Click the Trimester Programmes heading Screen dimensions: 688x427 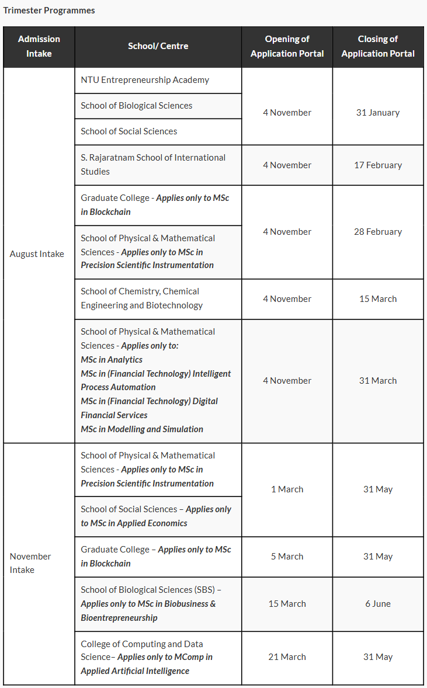point(49,11)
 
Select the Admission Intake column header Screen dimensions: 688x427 point(39,46)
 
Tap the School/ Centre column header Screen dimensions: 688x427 point(158,46)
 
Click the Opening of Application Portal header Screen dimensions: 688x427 point(287,46)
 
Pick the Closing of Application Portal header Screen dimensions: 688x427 point(378,46)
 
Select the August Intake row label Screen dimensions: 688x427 point(37,254)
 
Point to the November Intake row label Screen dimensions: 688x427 point(30,563)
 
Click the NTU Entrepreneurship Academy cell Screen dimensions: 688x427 point(145,80)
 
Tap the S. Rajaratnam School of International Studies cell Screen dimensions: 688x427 point(153,165)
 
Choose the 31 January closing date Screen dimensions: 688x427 point(378,113)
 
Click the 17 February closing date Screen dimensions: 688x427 point(378,165)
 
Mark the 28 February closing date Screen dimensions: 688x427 point(378,232)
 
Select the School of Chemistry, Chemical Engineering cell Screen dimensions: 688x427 point(142,298)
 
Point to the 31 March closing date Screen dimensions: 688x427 point(378,381)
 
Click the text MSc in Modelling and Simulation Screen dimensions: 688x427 point(142,429)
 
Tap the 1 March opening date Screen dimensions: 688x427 point(287,489)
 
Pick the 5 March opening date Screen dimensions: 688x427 point(287,557)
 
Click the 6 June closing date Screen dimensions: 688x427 point(378,604)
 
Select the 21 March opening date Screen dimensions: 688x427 point(287,657)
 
